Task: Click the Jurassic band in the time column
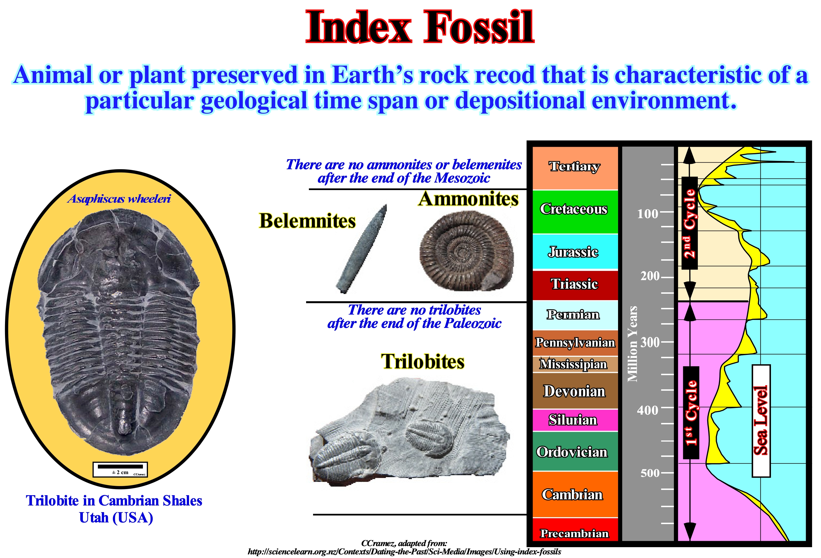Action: click(575, 252)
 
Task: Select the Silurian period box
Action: click(575, 420)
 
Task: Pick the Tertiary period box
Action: click(575, 168)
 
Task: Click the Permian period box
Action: click(575, 315)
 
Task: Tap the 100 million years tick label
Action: click(648, 214)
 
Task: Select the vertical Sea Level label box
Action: click(761, 421)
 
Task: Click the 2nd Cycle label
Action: click(689, 223)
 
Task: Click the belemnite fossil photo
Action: click(361, 249)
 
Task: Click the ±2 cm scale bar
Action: click(120, 469)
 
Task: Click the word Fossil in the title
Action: click(479, 27)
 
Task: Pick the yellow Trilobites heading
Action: click(423, 362)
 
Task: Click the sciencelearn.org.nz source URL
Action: click(404, 552)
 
